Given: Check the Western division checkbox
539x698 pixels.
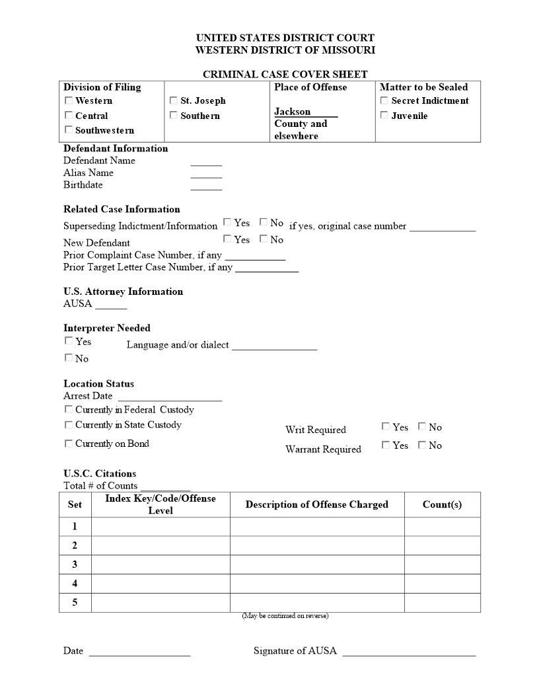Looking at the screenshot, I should [69, 100].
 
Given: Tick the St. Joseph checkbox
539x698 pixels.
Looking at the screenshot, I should [174, 100].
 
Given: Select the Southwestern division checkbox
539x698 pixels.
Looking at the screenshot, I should [69, 130].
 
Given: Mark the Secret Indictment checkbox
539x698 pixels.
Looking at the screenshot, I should [384, 100].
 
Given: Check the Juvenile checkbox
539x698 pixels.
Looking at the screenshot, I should [384, 115].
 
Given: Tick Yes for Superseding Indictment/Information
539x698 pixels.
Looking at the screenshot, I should [227, 222].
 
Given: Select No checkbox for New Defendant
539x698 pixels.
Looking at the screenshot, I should [264, 239].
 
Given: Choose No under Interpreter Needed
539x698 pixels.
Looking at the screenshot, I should [69, 358].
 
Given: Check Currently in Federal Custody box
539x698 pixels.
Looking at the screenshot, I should [69, 409].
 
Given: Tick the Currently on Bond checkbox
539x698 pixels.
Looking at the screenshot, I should [69, 444].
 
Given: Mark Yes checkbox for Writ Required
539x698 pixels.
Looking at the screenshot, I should [386, 426].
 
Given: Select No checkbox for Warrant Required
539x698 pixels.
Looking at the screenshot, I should [422, 445].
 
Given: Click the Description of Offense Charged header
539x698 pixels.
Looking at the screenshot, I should [317, 504].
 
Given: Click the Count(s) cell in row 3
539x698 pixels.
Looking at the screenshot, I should [442, 564].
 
